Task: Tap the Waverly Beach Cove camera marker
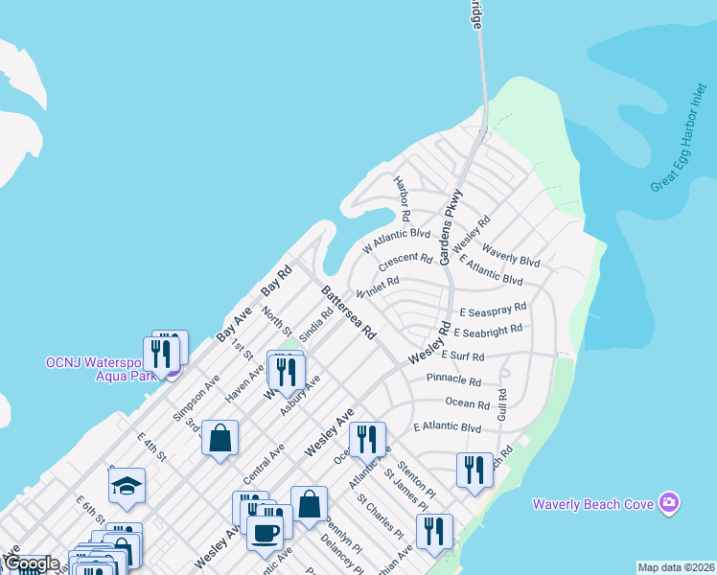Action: point(669,503)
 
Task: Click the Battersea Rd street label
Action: point(347,312)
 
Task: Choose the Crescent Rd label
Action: point(405,260)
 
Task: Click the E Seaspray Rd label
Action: point(493,310)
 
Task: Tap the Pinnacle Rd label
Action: point(454,379)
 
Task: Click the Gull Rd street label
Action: point(501,404)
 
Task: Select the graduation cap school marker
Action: point(127,486)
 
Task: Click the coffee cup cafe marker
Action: point(266,532)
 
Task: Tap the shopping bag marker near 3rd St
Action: point(220,438)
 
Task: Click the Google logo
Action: point(31,564)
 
